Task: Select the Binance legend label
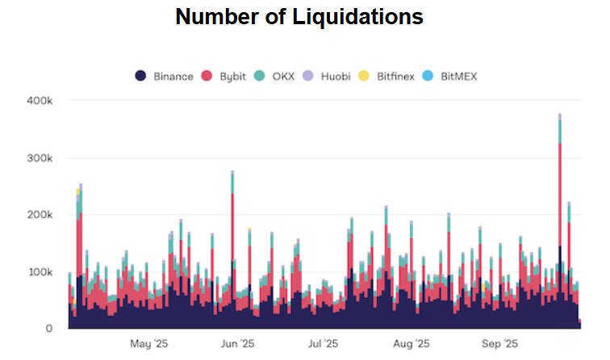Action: click(173, 77)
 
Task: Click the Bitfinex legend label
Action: click(395, 77)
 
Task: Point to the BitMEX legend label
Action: click(460, 77)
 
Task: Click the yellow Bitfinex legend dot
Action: click(364, 77)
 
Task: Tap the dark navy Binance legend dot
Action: click(140, 77)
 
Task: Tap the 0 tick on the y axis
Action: click(48, 329)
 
